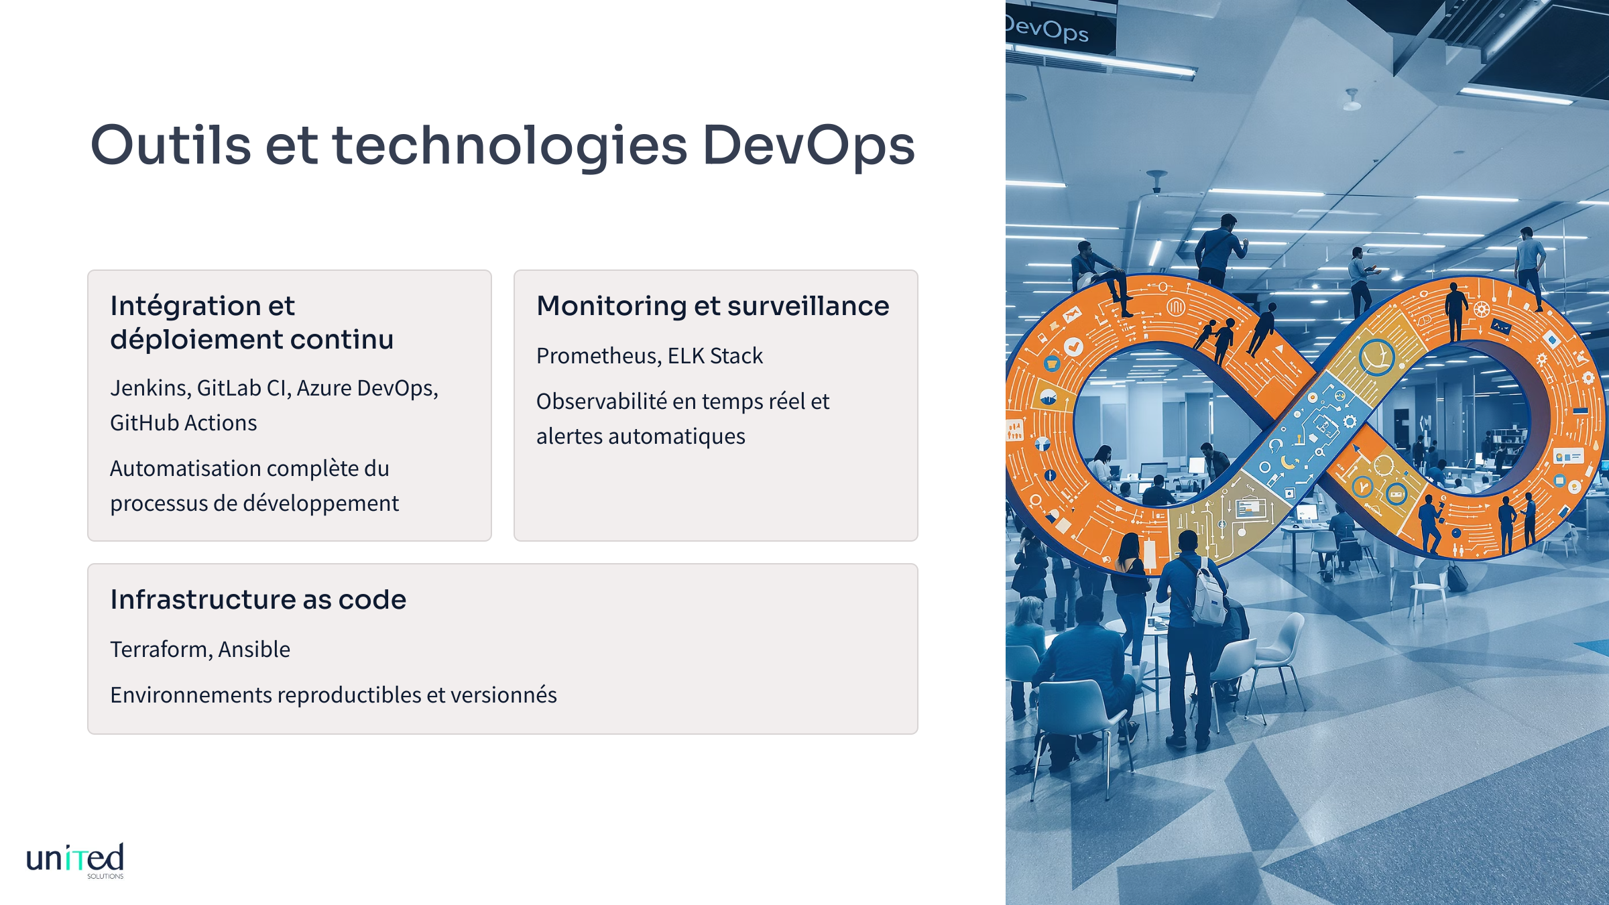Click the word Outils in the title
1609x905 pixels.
[x=171, y=145]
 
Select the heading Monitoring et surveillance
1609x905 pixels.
[x=713, y=306]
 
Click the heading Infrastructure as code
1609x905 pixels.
[x=258, y=599]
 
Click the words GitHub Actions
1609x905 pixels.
[x=184, y=423]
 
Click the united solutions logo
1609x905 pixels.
[x=75, y=861]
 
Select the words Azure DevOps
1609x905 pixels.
[x=367, y=388]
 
